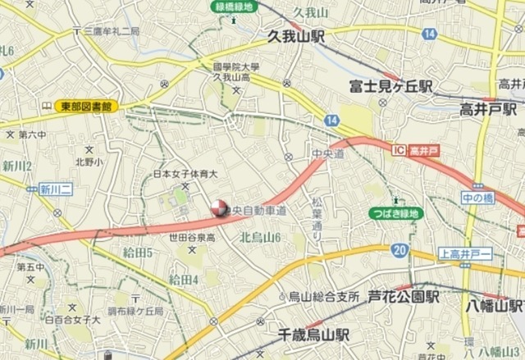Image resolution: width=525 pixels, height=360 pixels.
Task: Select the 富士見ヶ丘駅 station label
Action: pos(390,86)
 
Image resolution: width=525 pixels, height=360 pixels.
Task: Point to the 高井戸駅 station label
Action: pos(487,109)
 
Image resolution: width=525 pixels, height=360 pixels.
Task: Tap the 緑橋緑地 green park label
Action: pos(235,6)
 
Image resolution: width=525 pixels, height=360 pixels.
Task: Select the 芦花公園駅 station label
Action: pos(404,296)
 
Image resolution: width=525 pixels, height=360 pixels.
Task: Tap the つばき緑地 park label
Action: pos(398,213)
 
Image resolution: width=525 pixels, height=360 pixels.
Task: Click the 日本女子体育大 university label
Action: pos(185,174)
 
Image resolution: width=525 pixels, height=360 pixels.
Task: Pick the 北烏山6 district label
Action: pos(261,237)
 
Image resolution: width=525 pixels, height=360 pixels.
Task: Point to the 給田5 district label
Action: pos(139,251)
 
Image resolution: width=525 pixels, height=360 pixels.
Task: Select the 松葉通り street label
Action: pos(317,220)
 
